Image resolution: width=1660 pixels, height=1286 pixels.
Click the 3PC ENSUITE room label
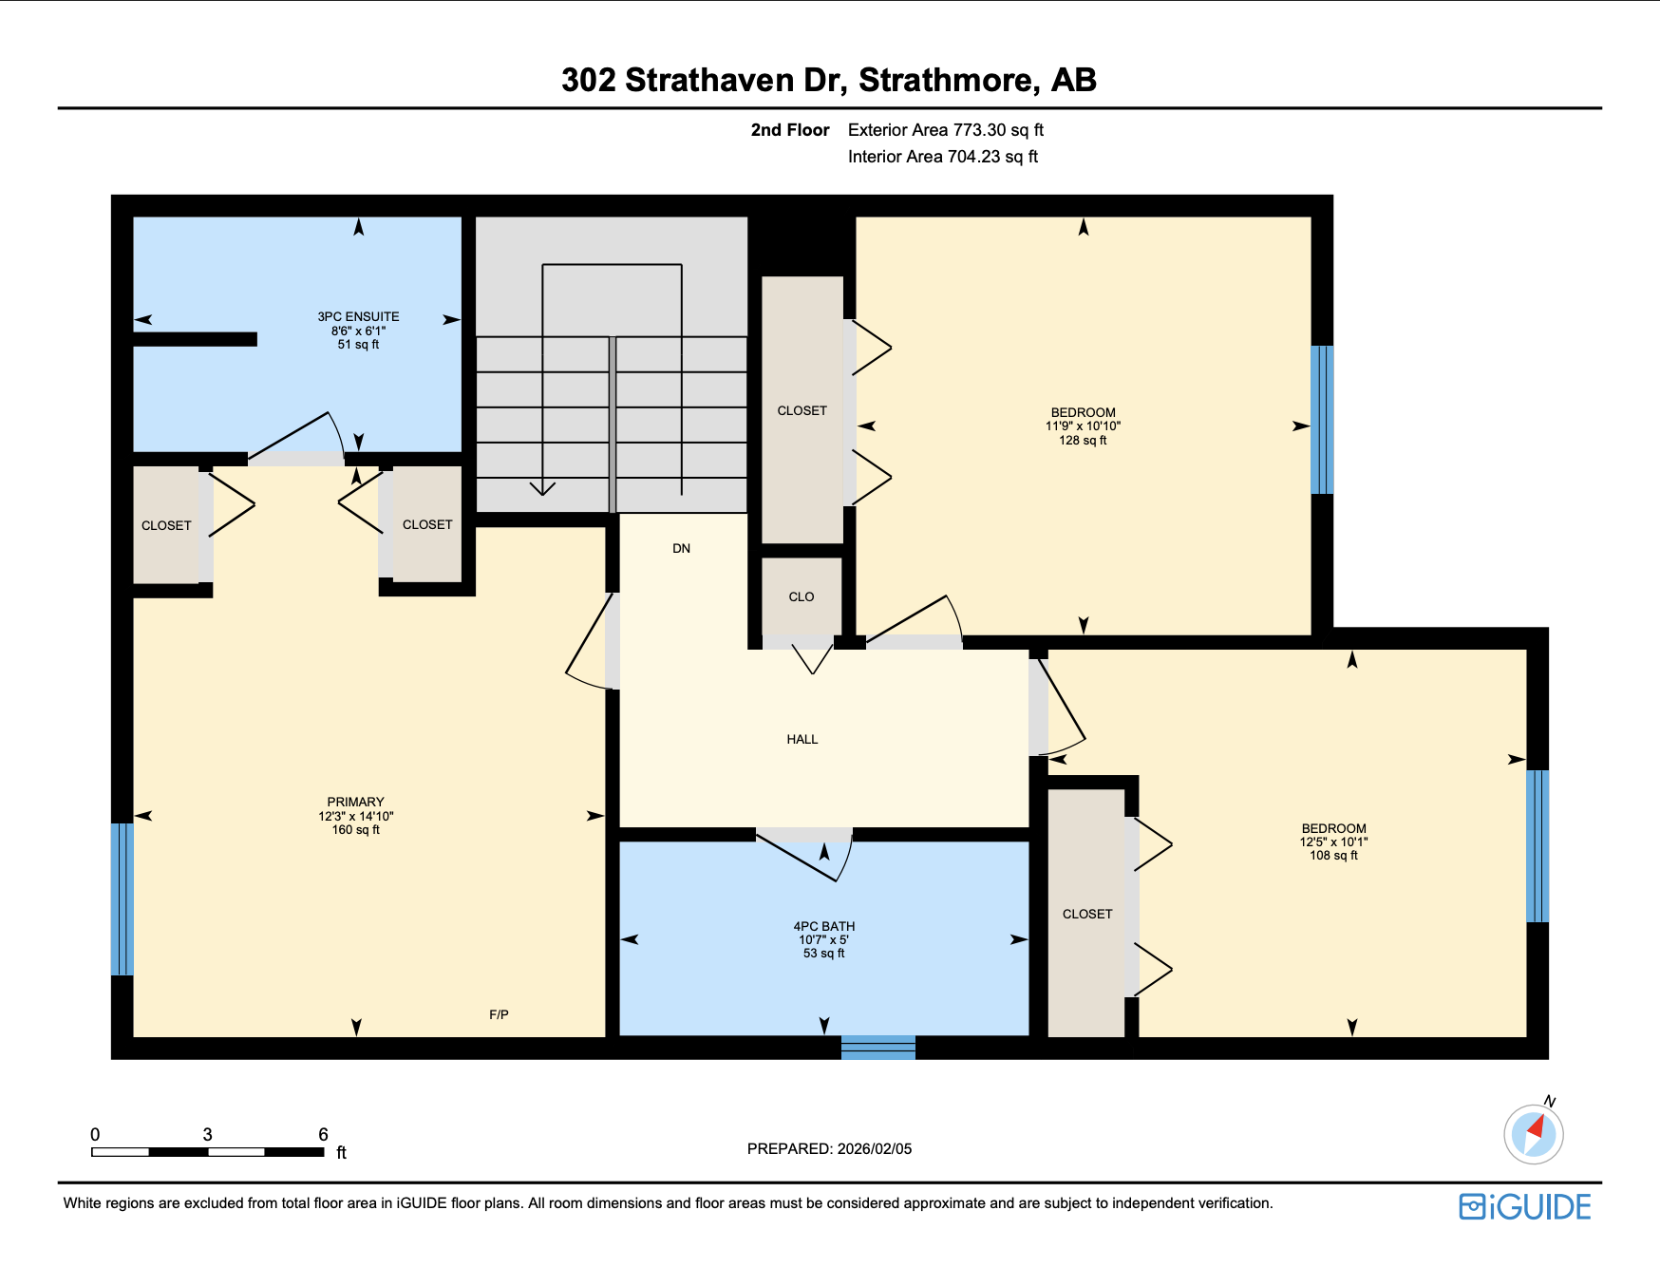[x=358, y=317]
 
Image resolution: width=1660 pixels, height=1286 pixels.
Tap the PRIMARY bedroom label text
[x=355, y=803]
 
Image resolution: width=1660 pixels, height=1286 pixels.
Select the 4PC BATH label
[x=823, y=926]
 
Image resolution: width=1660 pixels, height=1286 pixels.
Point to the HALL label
[x=802, y=739]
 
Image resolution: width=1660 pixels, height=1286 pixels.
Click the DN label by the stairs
[x=681, y=548]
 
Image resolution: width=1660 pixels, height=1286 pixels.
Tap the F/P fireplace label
[x=499, y=1014]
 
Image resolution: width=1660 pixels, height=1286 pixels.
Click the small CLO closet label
[x=801, y=596]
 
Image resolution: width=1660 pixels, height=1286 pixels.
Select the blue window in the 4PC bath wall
[x=877, y=1048]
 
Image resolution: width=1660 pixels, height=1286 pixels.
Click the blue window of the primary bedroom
[x=122, y=898]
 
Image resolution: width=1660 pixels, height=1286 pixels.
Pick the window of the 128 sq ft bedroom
[x=1322, y=419]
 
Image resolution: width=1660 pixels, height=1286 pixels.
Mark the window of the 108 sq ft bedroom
[x=1537, y=845]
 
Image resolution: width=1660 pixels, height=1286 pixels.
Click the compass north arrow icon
[x=1533, y=1133]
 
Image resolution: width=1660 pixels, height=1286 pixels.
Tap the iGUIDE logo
[x=1525, y=1207]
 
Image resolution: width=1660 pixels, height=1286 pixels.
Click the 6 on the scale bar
[x=323, y=1134]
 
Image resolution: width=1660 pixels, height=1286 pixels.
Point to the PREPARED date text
[x=829, y=1148]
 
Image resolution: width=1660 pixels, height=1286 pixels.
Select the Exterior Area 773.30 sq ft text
[x=945, y=130]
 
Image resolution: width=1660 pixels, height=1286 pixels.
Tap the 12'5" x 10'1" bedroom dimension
[x=1333, y=842]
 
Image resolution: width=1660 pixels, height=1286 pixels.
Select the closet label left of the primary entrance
[x=166, y=525]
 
